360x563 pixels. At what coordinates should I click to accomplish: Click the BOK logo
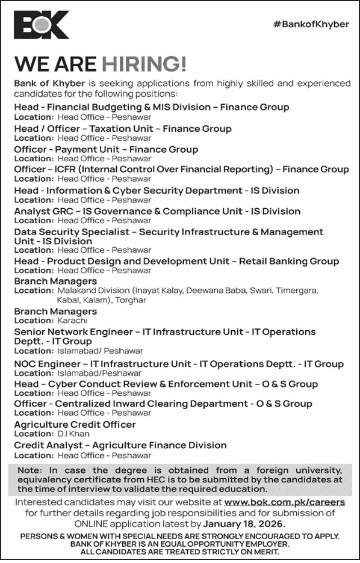pyautogui.click(x=42, y=26)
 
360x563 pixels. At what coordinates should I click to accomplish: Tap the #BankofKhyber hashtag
pyautogui.click(x=311, y=24)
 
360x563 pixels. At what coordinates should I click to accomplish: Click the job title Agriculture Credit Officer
pyautogui.click(x=75, y=425)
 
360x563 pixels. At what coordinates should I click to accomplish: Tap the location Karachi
pyautogui.click(x=73, y=321)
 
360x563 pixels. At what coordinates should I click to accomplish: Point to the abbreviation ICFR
pyautogui.click(x=66, y=170)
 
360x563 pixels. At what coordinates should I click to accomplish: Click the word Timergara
pyautogui.click(x=297, y=290)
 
